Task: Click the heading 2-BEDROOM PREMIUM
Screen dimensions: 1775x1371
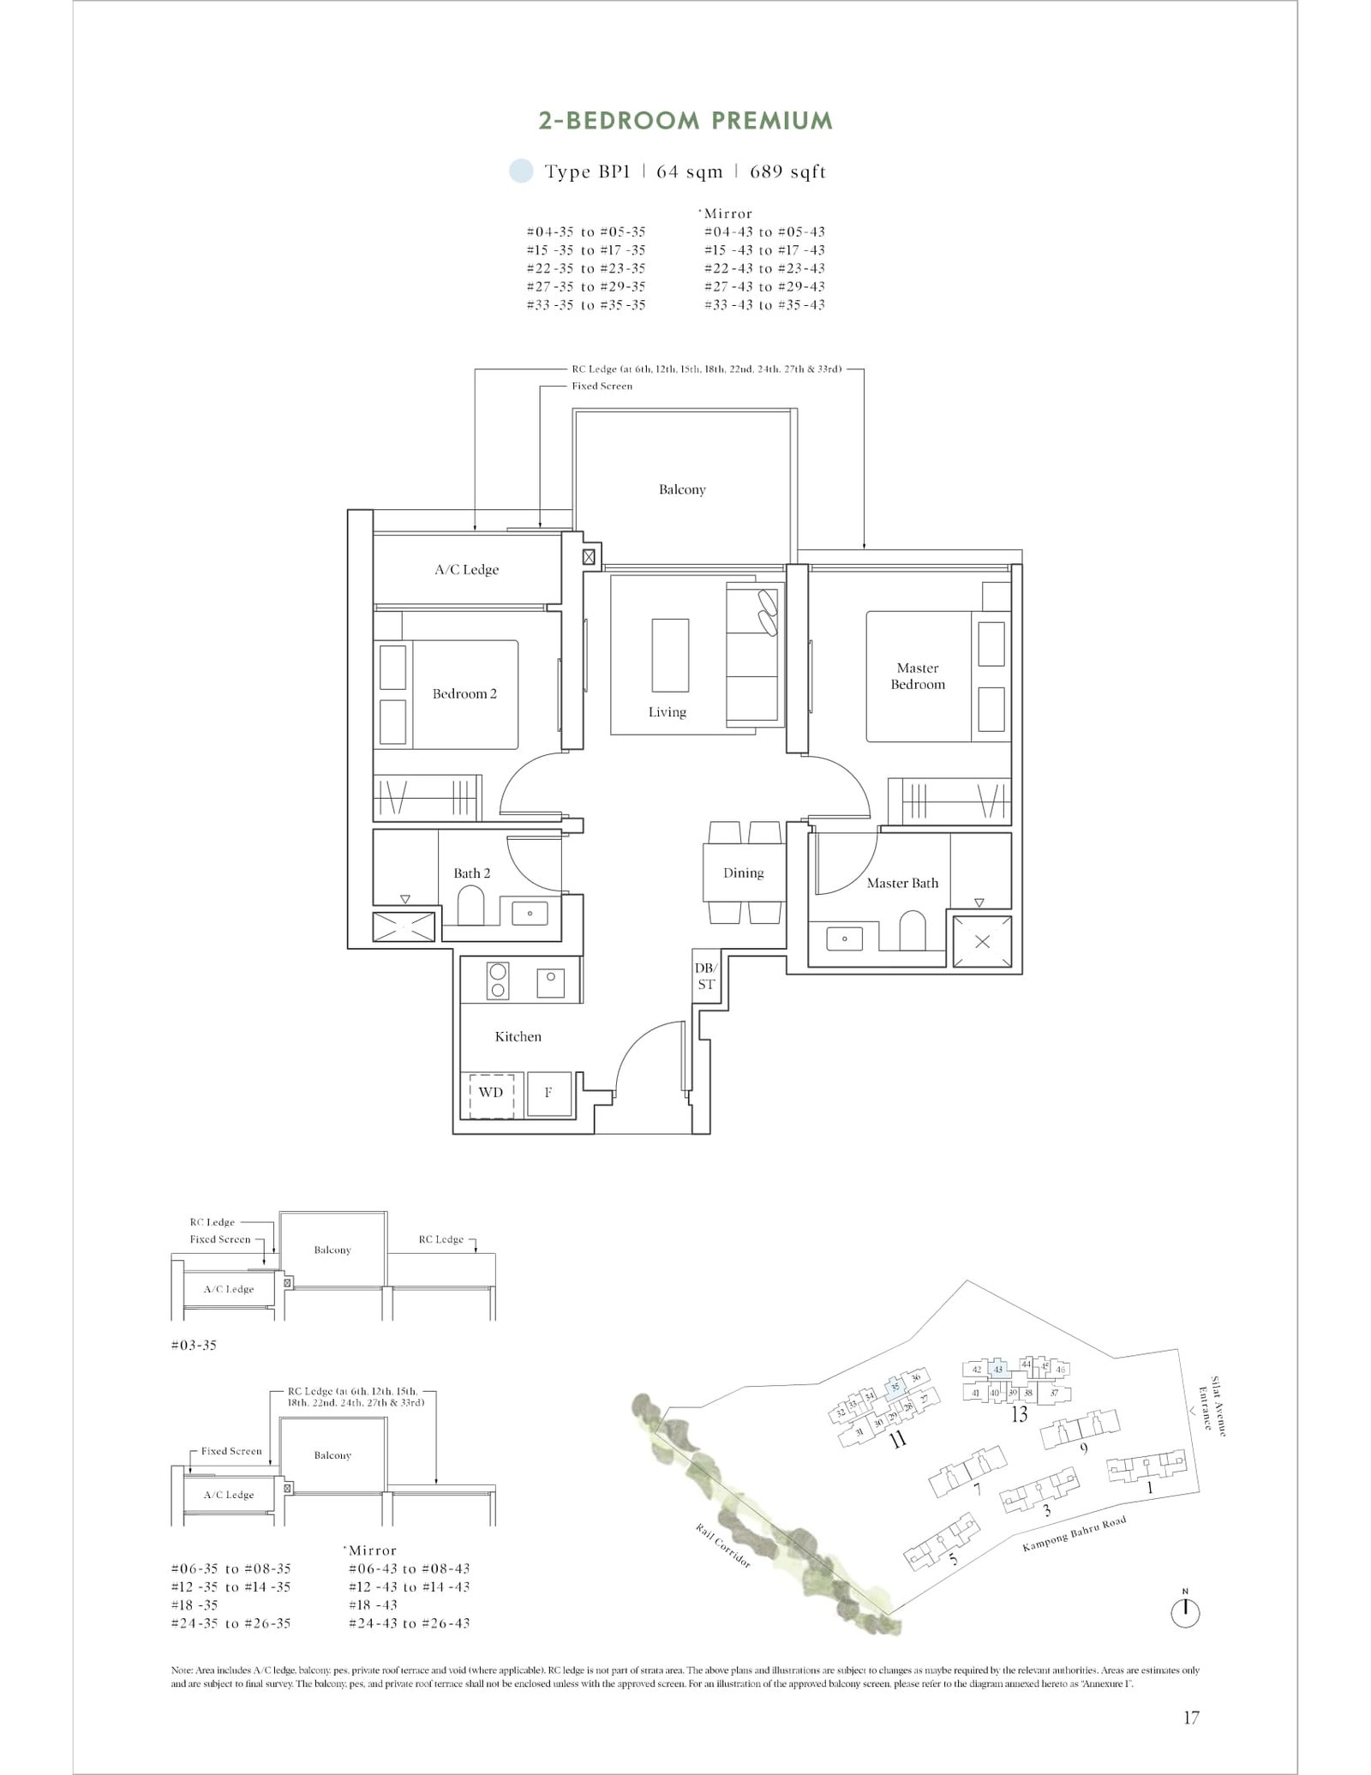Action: pos(685,121)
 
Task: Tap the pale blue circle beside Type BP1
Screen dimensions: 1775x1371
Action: pos(520,171)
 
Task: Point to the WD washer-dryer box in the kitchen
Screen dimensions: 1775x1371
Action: pos(490,1093)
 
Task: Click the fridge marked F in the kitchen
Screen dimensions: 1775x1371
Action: pos(548,1093)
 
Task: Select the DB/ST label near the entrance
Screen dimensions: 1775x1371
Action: pos(705,976)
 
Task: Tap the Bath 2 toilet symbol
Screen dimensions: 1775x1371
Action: pos(470,906)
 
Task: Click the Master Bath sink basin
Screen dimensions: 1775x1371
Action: pos(845,938)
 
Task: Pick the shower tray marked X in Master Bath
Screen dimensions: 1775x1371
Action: pos(982,942)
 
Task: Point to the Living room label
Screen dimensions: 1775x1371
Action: pos(667,712)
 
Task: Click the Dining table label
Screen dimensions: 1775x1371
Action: pos(743,873)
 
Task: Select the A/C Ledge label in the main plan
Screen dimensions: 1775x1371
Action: pos(466,570)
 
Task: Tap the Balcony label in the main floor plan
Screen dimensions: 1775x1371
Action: pos(682,490)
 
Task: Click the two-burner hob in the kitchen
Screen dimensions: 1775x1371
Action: pos(497,980)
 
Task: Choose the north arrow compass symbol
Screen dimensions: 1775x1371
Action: pos(1185,1613)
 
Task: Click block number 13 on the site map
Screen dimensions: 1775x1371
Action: pos(1019,1414)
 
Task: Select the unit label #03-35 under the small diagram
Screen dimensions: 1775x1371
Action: pos(194,1345)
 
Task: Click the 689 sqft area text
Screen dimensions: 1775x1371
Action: pos(787,172)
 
